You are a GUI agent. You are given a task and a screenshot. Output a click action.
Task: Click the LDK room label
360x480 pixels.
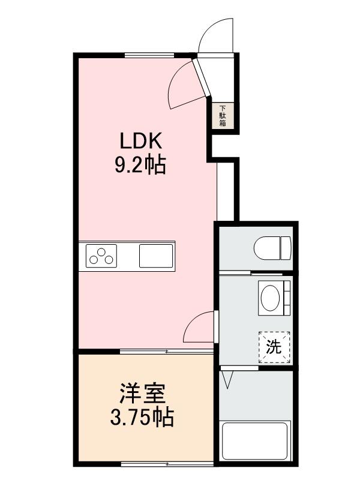click(140, 142)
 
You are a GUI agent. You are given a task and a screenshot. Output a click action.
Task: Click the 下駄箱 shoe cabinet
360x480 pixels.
click(222, 114)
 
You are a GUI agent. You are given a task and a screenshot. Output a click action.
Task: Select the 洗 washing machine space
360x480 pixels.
click(274, 346)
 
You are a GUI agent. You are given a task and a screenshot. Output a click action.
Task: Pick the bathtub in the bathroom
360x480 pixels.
click(255, 441)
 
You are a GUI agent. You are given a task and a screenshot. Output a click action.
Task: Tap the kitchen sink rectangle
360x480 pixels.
click(156, 256)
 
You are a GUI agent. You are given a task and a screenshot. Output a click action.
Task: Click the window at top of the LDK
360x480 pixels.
click(150, 55)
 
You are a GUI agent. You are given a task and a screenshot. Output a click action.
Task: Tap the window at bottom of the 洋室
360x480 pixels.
click(167, 464)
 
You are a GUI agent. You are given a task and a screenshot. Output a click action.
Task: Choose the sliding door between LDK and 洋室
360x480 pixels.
click(166, 350)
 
